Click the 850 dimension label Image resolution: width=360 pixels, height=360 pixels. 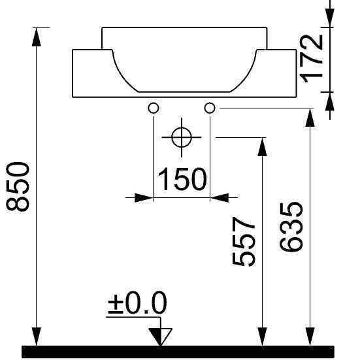[18, 186]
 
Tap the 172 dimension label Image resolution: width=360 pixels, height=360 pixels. [312, 58]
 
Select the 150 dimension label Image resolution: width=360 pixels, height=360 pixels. [182, 179]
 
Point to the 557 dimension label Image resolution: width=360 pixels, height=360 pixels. [244, 242]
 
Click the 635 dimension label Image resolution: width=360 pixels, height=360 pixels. [291, 227]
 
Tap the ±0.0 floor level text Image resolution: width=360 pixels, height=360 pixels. [137, 303]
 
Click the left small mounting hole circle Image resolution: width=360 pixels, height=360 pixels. [154, 108]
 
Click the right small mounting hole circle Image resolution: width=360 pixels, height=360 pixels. [210, 108]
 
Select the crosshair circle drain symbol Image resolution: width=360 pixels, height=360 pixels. [182, 137]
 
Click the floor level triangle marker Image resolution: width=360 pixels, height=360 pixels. [161, 336]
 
